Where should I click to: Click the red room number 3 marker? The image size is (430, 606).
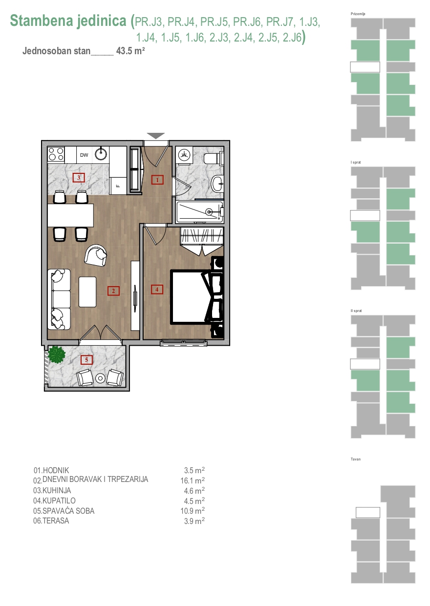coord(79,178)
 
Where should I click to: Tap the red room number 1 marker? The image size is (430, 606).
coord(157,180)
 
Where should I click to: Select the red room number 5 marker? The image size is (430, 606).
coord(86,360)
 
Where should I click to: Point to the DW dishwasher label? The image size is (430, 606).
coord(84,155)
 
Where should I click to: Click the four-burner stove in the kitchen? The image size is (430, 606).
coord(56,154)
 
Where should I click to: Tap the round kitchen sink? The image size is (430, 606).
coord(101,154)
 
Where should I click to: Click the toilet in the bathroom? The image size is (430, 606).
coord(213,159)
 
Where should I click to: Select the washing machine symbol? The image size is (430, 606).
coord(184,155)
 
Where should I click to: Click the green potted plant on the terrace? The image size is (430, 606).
coord(57,354)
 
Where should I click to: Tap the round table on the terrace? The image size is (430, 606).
coord(101,378)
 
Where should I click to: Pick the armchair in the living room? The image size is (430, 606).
coord(95,255)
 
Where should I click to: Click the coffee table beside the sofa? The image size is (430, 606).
coord(87,292)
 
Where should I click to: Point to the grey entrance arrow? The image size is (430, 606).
coord(156,136)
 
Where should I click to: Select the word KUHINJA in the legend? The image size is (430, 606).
coord(57,490)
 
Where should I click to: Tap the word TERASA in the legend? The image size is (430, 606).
coord(56,521)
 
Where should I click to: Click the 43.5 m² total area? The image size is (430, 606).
coord(130,51)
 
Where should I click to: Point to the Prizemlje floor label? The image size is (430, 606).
coord(358,14)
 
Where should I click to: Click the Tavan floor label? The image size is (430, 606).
coord(356,459)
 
